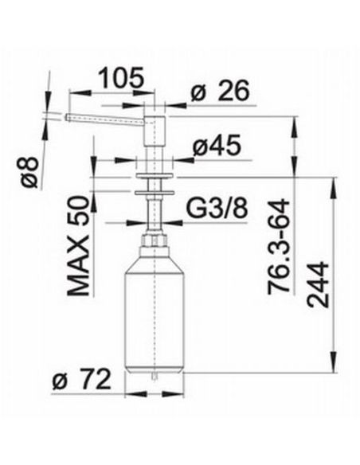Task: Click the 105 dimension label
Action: click(121, 77)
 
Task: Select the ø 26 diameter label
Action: click(220, 91)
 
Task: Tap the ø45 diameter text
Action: click(217, 146)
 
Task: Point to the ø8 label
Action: click(30, 172)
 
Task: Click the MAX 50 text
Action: click(78, 246)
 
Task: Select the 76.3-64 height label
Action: click(279, 247)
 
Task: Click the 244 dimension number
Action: click(318, 285)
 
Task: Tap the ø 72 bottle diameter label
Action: click(81, 380)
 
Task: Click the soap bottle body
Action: click(155, 315)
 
